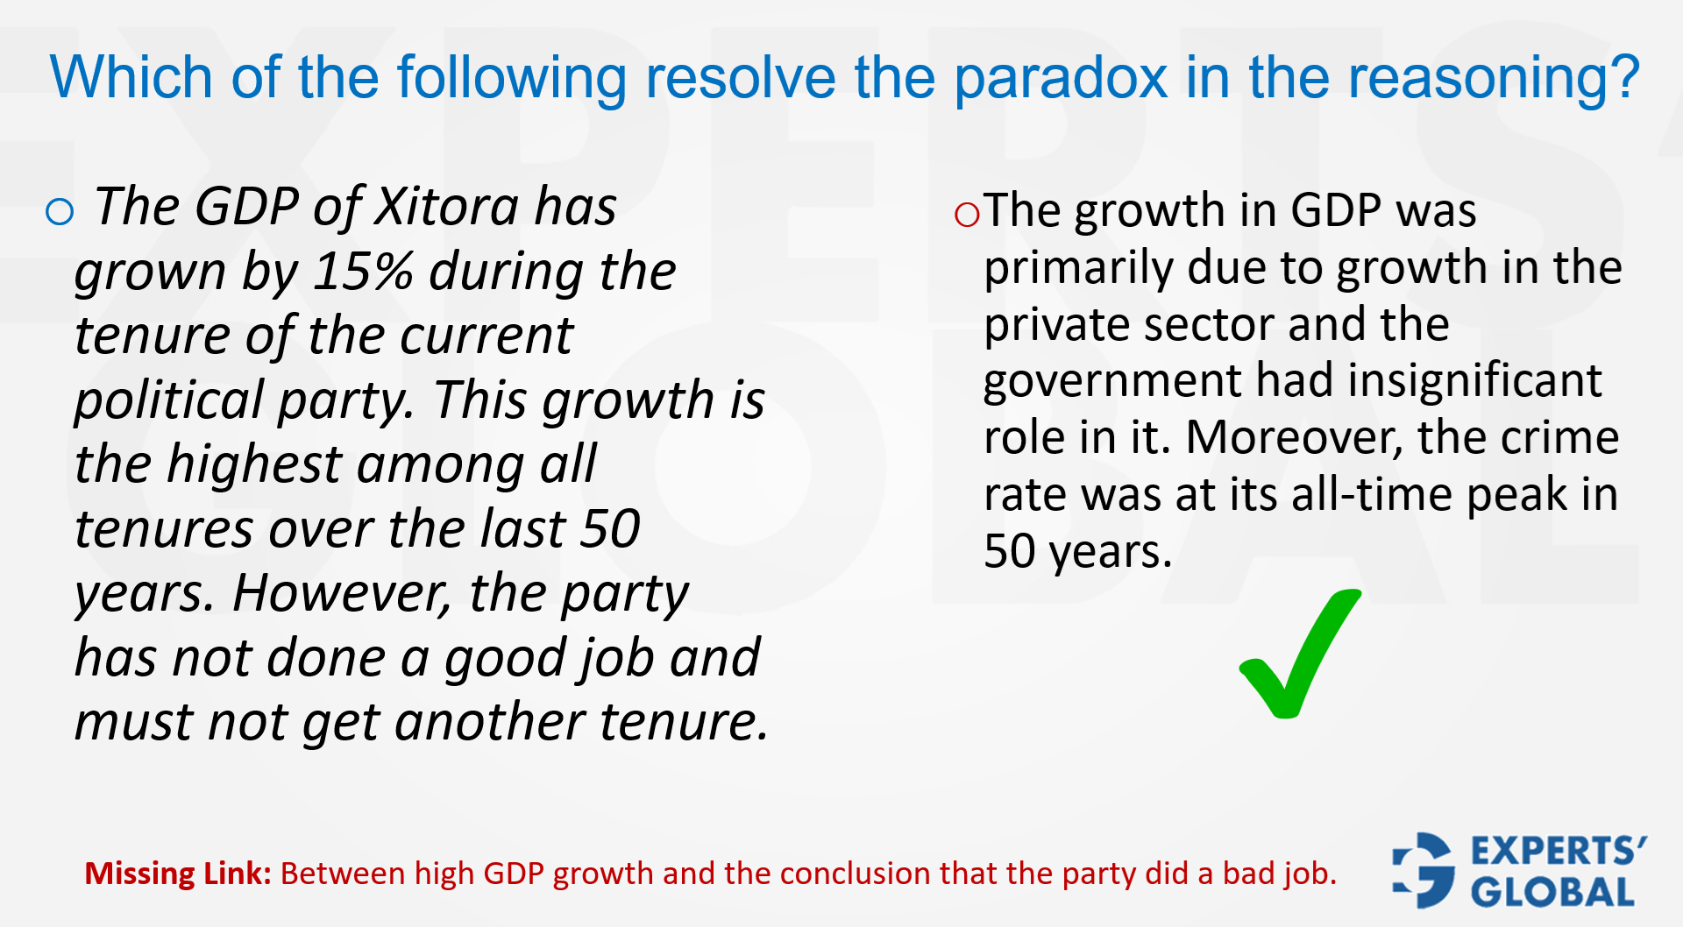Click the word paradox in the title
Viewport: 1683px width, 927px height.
pyautogui.click(x=1060, y=78)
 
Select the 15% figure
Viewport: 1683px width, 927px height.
pyautogui.click(x=363, y=272)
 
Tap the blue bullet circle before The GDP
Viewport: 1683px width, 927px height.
pyautogui.click(x=60, y=211)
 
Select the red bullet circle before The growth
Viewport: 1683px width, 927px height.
pyautogui.click(x=967, y=214)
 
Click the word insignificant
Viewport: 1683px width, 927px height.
pyautogui.click(x=1474, y=381)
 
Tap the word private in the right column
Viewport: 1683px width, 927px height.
pyautogui.click(x=1056, y=324)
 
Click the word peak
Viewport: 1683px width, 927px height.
pyautogui.click(x=1518, y=494)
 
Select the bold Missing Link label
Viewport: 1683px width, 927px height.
pyautogui.click(x=178, y=874)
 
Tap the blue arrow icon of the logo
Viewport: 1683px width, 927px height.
pyautogui.click(x=1424, y=869)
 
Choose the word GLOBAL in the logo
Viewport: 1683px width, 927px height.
pyautogui.click(x=1553, y=893)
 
